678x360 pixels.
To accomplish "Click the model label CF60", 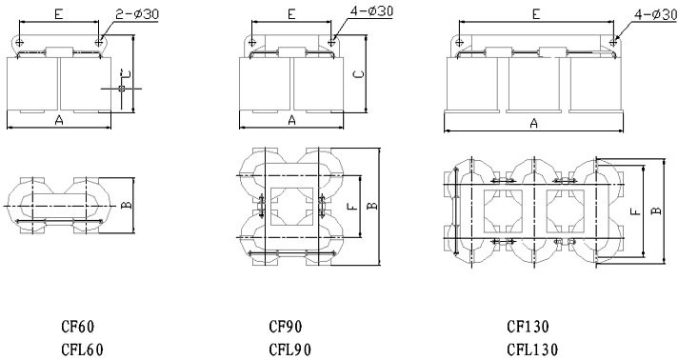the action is click(77, 327).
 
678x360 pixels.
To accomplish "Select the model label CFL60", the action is click(82, 350).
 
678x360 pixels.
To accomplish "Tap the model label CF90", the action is click(286, 327).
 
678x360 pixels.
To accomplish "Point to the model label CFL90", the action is click(289, 350).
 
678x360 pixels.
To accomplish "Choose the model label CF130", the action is click(528, 327).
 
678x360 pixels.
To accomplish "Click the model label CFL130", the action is click(532, 350).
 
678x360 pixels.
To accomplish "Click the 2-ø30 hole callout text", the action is click(137, 14).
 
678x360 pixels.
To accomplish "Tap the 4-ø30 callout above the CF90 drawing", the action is click(372, 10).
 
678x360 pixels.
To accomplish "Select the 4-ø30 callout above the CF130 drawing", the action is click(655, 14).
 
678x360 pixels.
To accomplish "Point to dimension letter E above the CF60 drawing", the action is click(59, 14).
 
